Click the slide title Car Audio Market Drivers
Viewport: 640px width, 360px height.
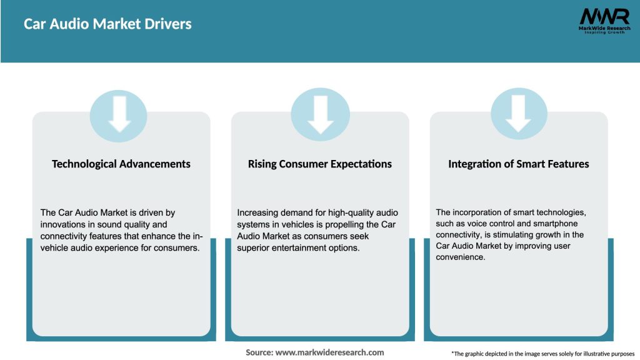point(107,24)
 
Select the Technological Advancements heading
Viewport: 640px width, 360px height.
point(121,164)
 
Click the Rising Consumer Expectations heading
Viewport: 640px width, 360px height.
point(320,164)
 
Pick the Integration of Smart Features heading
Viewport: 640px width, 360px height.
point(518,164)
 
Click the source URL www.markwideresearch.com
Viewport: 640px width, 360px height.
point(329,352)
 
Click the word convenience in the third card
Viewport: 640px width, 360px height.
point(461,257)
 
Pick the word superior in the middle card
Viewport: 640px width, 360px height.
point(254,247)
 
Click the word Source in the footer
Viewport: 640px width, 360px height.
point(259,352)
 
